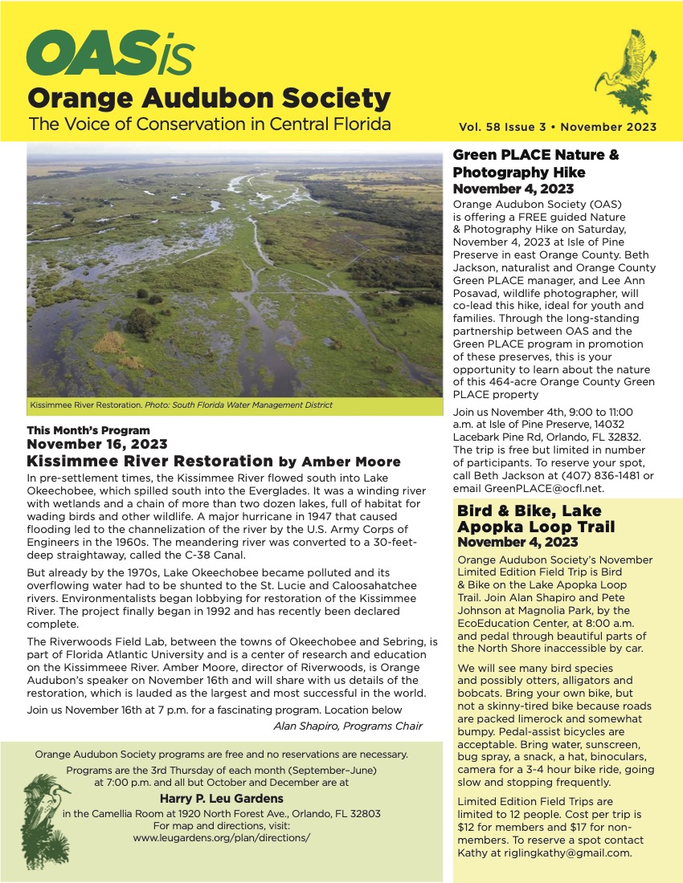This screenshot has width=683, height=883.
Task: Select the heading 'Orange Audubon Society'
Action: click(x=209, y=99)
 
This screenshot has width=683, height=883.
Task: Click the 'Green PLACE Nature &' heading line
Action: click(x=536, y=155)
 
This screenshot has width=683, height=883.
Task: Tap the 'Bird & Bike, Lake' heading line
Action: click(x=529, y=511)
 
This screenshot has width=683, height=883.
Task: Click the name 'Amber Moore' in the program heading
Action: click(x=350, y=462)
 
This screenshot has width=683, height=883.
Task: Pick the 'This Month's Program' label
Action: click(x=88, y=430)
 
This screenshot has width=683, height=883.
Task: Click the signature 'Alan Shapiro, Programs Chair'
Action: click(x=348, y=726)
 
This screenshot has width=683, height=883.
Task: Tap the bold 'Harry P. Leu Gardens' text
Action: click(x=221, y=799)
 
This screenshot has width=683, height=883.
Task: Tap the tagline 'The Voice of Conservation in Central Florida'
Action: click(x=209, y=124)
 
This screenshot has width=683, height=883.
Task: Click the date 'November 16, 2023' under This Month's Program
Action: click(x=97, y=444)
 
